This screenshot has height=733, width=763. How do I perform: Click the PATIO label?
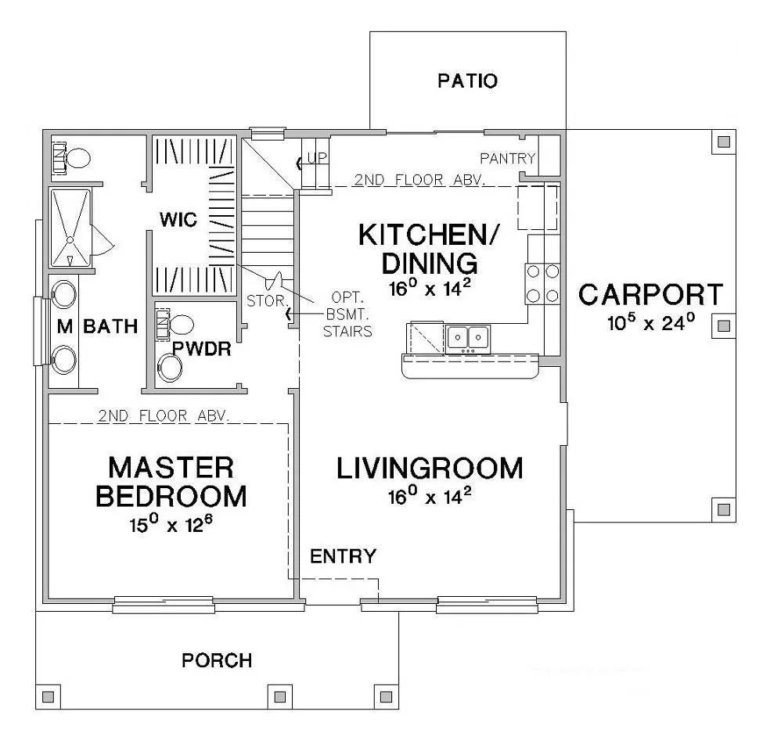468,81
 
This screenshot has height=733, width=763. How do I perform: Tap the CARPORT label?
650,295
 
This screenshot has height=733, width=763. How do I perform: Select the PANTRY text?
508,158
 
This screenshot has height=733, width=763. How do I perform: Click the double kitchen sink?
468,339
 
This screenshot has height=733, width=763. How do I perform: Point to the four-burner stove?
542,283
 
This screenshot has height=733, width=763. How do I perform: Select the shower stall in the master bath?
70,228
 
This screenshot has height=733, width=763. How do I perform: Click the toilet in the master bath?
71,158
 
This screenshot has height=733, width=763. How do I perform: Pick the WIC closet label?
178,220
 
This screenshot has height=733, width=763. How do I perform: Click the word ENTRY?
343,556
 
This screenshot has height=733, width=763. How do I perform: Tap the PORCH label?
217,660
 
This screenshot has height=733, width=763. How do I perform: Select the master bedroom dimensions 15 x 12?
171,524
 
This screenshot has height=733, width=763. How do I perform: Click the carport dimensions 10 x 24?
651,322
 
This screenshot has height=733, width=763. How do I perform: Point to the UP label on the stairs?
317,157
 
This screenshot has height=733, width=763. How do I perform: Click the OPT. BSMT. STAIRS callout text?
347,314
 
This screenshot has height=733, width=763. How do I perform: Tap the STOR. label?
267,301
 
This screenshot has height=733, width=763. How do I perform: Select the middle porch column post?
280,697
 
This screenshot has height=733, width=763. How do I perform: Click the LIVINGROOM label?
430,469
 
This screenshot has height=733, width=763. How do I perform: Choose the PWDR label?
201,349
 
